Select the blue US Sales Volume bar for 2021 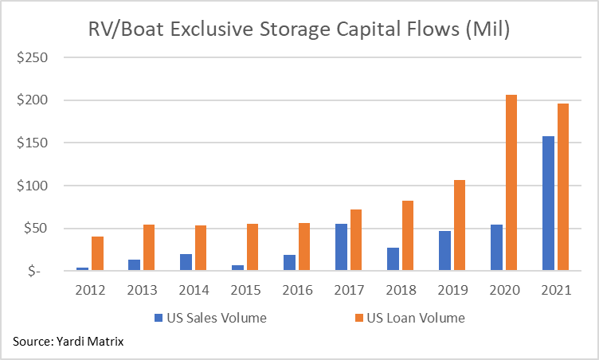tap(548, 204)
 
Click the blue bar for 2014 tap(186, 262)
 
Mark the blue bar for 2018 tap(393, 259)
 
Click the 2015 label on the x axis tap(245, 290)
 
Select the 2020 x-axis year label tap(503, 290)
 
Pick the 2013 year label tap(141, 290)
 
